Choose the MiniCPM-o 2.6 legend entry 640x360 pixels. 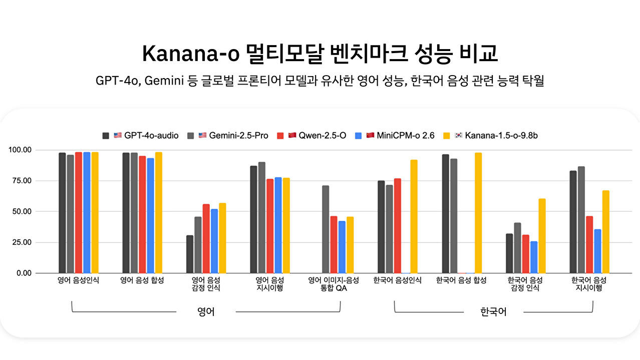399,136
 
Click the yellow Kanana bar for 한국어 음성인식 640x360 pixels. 414,216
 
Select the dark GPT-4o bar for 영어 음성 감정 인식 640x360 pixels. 190,254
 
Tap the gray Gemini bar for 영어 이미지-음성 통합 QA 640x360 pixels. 326,229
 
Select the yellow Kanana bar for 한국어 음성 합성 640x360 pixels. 478,213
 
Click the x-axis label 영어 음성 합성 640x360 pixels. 142,280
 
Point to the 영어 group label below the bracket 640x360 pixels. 206,312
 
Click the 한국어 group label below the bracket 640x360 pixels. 493,312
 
